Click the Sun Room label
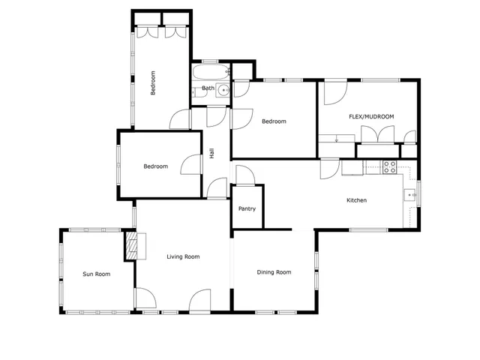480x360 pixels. [x=96, y=274]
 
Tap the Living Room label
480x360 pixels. [x=183, y=257]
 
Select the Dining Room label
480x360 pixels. [x=274, y=272]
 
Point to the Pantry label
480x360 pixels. [x=247, y=209]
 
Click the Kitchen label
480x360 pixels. [x=356, y=200]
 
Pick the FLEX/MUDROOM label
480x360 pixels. [x=371, y=116]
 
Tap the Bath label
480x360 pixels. [x=208, y=88]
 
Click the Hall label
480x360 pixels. [x=212, y=154]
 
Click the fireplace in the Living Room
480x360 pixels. [x=133, y=245]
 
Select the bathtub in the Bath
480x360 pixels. [x=211, y=73]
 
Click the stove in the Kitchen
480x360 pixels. [x=390, y=167]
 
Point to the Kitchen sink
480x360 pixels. [x=409, y=195]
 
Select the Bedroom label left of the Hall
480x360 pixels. [x=155, y=166]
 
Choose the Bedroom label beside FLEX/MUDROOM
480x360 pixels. [x=274, y=121]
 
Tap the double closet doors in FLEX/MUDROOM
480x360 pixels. [x=378, y=133]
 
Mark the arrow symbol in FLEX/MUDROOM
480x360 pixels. [x=337, y=138]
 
